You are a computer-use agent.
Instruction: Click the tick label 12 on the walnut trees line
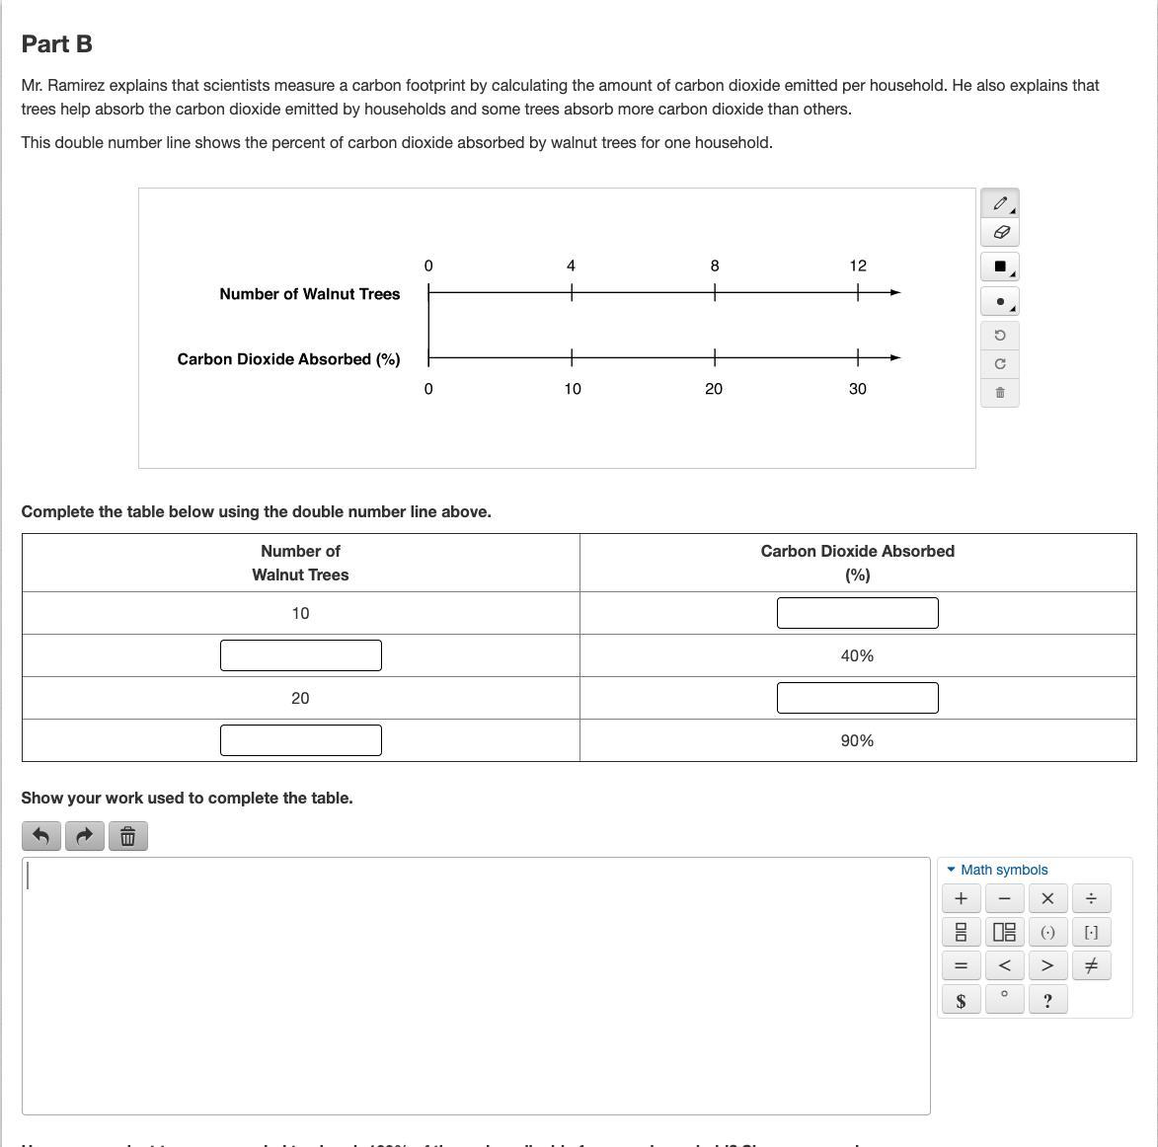[858, 266]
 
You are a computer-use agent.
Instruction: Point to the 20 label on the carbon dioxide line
[714, 389]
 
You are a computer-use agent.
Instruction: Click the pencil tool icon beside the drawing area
[999, 203]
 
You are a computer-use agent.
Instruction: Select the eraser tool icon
[999, 233]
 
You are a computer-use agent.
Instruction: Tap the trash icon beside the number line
[999, 393]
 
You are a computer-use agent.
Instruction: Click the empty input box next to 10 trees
[857, 613]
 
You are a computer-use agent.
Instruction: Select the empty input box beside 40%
[300, 655]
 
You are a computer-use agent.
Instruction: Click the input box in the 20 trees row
[857, 698]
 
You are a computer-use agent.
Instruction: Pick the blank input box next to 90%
[300, 740]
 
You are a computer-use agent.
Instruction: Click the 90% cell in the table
[857, 740]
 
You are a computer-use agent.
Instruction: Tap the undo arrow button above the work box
[40, 836]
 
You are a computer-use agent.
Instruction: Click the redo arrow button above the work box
[84, 836]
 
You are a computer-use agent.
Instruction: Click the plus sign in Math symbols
[961, 898]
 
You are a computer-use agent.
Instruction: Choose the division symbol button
[1091, 898]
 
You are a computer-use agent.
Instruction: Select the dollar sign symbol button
[961, 1001]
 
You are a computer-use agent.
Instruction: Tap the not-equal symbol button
[1091, 965]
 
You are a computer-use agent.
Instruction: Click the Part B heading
[57, 44]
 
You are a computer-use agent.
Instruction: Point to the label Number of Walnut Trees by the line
[309, 294]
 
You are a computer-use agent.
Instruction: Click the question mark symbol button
[1047, 1001]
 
